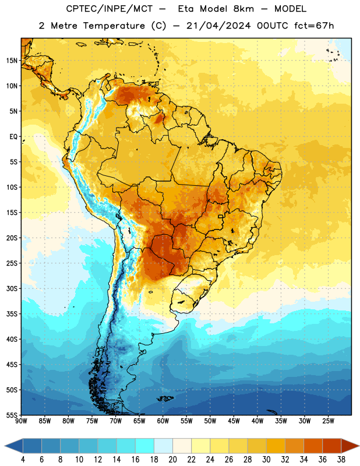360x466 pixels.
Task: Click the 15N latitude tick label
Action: (x=12, y=61)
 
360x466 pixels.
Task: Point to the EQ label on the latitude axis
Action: (x=13, y=137)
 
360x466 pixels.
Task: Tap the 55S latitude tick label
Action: (x=12, y=415)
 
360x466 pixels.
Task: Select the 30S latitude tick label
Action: (x=12, y=288)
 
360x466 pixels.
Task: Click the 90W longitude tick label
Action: (x=21, y=421)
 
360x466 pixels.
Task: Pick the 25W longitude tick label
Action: (x=328, y=421)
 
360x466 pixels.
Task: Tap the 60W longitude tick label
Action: (x=163, y=421)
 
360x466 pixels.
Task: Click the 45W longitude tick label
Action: (x=234, y=421)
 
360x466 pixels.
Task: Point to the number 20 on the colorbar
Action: (x=172, y=460)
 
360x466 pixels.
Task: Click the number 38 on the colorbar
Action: (x=341, y=460)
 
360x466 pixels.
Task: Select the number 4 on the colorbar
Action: (x=23, y=460)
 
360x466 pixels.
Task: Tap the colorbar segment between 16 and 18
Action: (x=144, y=446)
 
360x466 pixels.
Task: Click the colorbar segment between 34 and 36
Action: (x=313, y=446)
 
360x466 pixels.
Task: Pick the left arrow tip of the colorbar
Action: (x=5, y=446)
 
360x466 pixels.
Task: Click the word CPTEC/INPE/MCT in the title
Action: (x=109, y=9)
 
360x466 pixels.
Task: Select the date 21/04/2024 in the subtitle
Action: (x=218, y=26)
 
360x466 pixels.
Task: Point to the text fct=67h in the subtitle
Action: (x=314, y=26)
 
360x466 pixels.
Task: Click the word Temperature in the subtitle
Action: (x=114, y=26)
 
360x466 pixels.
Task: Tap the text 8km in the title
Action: (x=243, y=9)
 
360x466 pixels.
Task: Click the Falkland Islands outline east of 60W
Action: (x=165, y=398)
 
